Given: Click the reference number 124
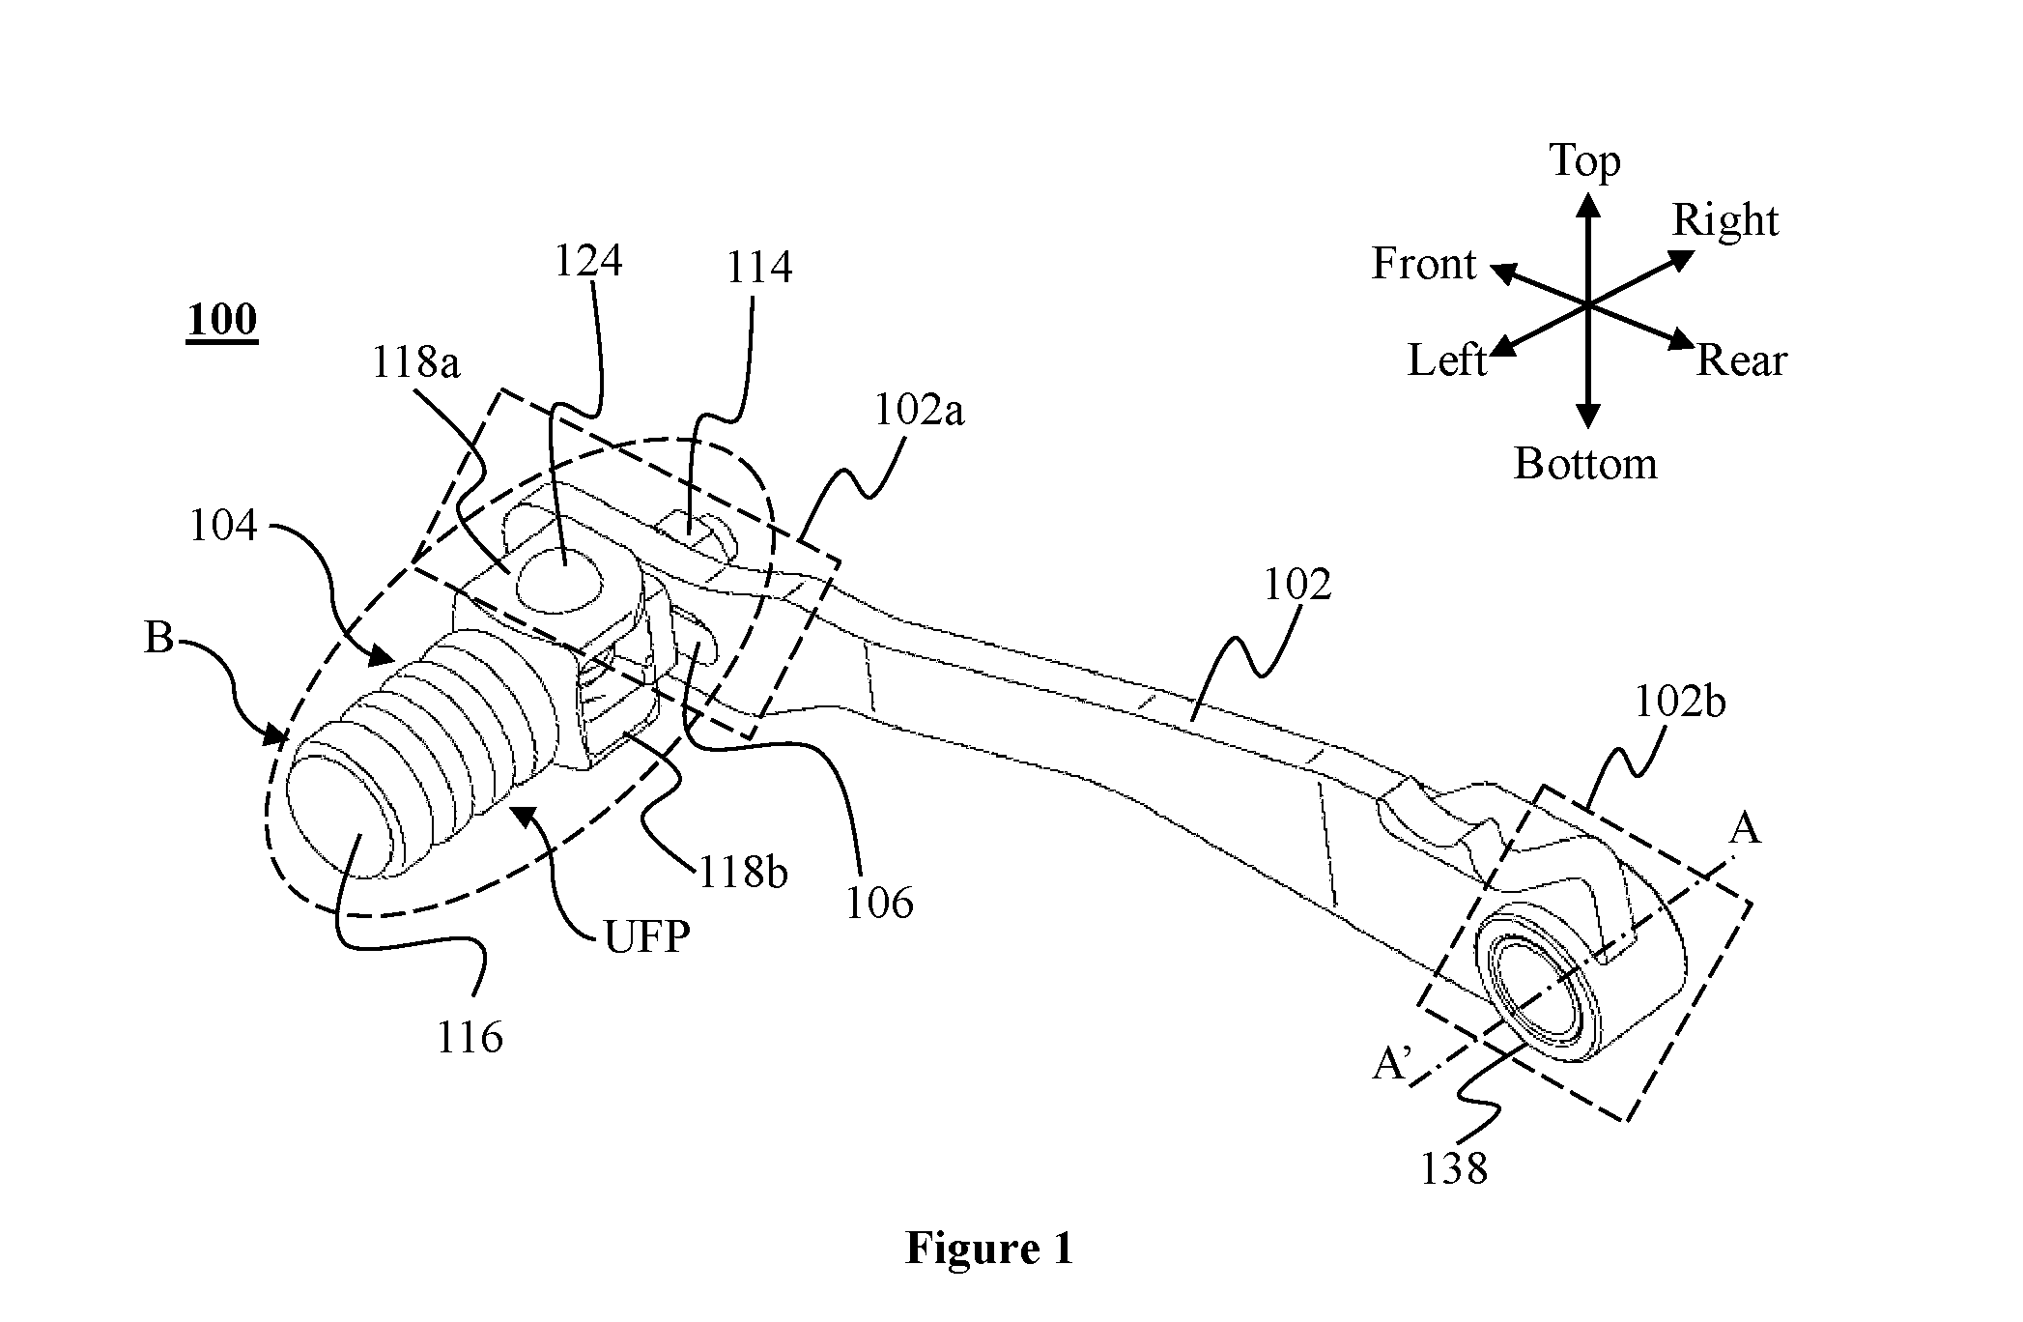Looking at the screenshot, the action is tap(587, 261).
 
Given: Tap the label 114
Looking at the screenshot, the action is tap(758, 267).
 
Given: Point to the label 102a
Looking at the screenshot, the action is tap(919, 411).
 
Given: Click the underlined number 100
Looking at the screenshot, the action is tap(222, 320).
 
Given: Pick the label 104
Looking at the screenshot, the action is tap(223, 526).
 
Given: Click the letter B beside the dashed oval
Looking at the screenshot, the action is tap(158, 638).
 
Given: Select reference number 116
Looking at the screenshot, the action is tap(470, 1038).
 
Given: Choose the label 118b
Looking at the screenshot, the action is tap(742, 874).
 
